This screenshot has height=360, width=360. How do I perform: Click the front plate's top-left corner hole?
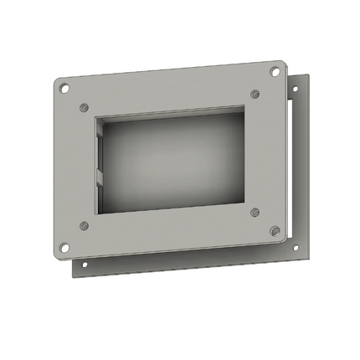point(63,85)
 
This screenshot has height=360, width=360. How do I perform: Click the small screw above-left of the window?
point(84,107)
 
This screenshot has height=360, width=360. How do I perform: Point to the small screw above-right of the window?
point(255,94)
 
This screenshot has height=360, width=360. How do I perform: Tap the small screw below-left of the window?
point(84,225)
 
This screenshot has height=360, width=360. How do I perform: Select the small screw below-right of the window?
point(255,212)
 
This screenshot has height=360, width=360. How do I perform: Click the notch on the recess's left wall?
point(100,176)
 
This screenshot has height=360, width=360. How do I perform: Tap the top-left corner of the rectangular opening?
point(96,117)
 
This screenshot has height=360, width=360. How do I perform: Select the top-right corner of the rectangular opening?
point(244,106)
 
